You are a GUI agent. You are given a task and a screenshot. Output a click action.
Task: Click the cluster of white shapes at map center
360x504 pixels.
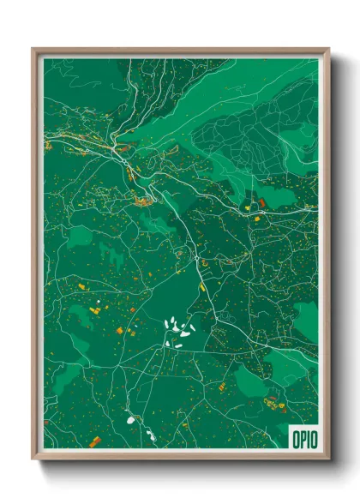coord(179,330)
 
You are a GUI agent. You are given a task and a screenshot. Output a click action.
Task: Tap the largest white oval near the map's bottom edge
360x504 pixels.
coord(131,420)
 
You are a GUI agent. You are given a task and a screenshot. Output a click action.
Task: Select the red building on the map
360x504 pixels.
coord(262,202)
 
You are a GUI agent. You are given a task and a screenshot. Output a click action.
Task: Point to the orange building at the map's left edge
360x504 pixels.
coord(48,147)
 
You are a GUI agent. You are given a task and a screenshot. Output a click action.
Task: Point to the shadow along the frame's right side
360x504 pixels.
coord(335,257)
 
